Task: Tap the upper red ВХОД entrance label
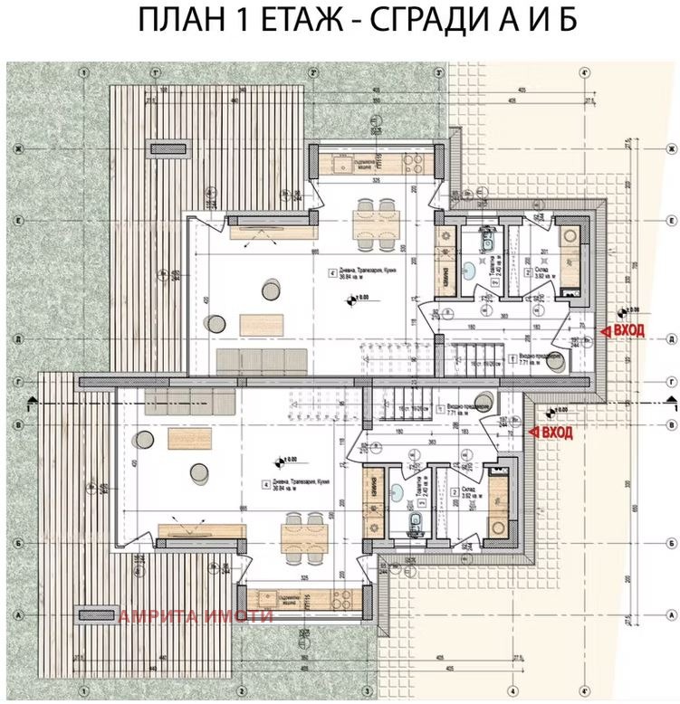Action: (x=627, y=330)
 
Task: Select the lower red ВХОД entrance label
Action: (x=557, y=433)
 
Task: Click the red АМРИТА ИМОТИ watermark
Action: (x=196, y=616)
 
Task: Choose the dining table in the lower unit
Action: (x=302, y=533)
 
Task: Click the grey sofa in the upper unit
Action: (x=261, y=360)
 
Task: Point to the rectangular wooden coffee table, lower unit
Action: (x=189, y=438)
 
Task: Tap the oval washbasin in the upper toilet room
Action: (x=480, y=271)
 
